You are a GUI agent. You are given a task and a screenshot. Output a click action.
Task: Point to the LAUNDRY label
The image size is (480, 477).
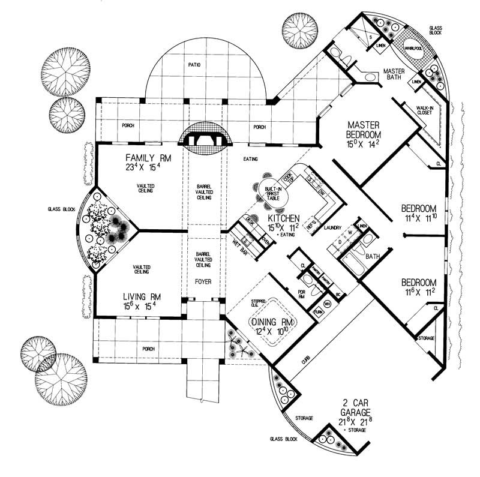coord(332,228)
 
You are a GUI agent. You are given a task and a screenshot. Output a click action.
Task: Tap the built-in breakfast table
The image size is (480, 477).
coord(270,192)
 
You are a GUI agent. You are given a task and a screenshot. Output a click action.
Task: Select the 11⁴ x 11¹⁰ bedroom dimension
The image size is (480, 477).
coord(420,219)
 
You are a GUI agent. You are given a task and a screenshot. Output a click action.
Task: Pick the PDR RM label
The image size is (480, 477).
coord(302,294)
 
